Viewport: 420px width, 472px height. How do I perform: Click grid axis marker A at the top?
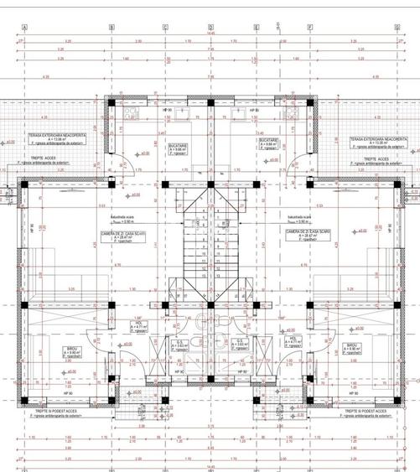pyautogui.click(x=25, y=27)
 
